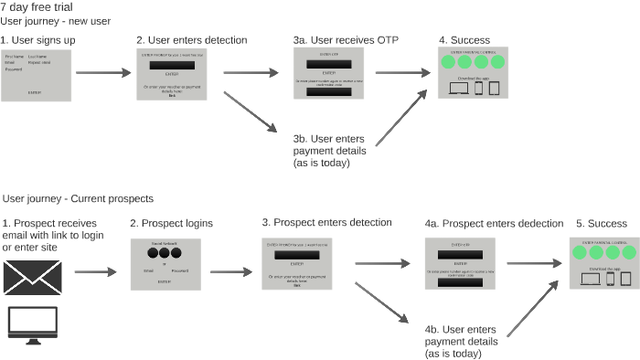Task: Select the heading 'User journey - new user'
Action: click(x=54, y=20)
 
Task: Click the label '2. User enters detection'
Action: click(x=192, y=40)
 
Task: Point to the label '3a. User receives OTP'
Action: click(x=347, y=40)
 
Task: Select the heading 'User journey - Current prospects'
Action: click(x=79, y=198)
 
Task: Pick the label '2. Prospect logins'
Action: click(x=171, y=223)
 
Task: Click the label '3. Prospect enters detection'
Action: click(x=326, y=222)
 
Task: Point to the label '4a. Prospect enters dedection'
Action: click(x=494, y=223)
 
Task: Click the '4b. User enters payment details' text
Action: click(x=462, y=340)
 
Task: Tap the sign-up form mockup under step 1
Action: click(x=35, y=75)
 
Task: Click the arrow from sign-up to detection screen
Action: click(x=101, y=71)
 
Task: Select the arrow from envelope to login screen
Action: click(x=96, y=271)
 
